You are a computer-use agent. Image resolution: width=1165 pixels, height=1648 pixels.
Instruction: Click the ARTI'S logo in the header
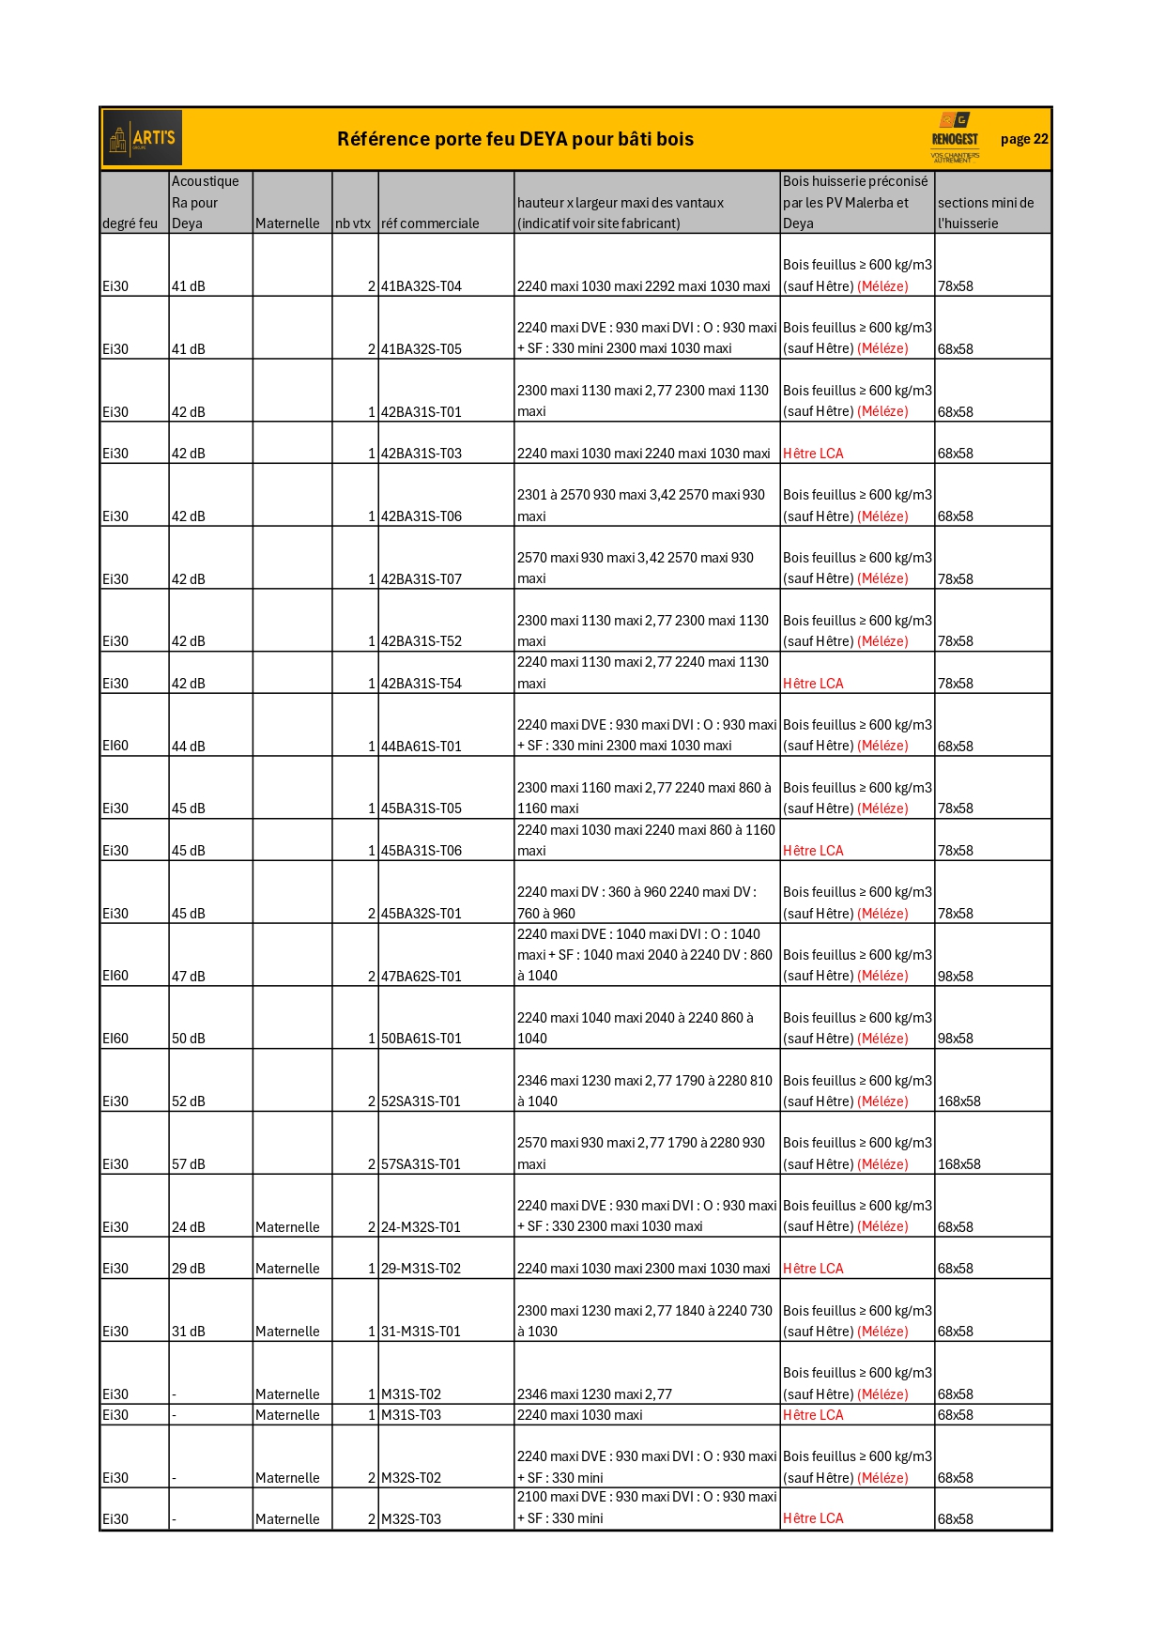tap(143, 139)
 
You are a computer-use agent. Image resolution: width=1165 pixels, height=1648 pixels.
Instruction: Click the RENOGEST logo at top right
tap(955, 138)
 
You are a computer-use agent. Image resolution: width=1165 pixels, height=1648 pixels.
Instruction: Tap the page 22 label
tap(1024, 139)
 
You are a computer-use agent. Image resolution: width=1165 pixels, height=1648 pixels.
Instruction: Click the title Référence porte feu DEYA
tap(515, 139)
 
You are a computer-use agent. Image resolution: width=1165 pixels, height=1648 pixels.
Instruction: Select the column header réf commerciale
tap(430, 223)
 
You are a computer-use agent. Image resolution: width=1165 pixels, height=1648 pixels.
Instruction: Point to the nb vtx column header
tap(353, 223)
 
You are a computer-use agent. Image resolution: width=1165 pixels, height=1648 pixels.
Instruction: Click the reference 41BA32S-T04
tap(422, 286)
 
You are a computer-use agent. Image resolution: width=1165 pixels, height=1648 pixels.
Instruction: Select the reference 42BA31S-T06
tap(422, 516)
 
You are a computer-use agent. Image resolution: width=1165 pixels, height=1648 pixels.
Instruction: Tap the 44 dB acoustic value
tap(189, 747)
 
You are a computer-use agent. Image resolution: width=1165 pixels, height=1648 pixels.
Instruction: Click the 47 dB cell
tap(189, 977)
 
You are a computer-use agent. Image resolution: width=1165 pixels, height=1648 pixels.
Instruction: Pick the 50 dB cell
tap(189, 1039)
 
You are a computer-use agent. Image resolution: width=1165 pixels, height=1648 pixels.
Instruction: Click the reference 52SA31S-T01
tap(422, 1101)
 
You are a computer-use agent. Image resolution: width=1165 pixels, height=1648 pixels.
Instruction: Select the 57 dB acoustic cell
tap(189, 1164)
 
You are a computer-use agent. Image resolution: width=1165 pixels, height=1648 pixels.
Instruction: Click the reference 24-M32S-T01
tap(422, 1227)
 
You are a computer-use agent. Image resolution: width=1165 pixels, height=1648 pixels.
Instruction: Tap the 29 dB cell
tap(189, 1269)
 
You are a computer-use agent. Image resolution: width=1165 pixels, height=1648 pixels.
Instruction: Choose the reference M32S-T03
tap(411, 1519)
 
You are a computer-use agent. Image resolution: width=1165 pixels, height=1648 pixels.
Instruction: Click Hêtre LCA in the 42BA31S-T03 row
tap(813, 454)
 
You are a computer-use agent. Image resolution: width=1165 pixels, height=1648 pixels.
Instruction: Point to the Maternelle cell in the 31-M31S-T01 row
tap(287, 1332)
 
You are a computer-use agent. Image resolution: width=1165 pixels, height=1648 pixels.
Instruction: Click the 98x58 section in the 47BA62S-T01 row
tap(956, 977)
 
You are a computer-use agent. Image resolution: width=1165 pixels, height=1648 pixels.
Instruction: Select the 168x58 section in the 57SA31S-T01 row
tap(959, 1164)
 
